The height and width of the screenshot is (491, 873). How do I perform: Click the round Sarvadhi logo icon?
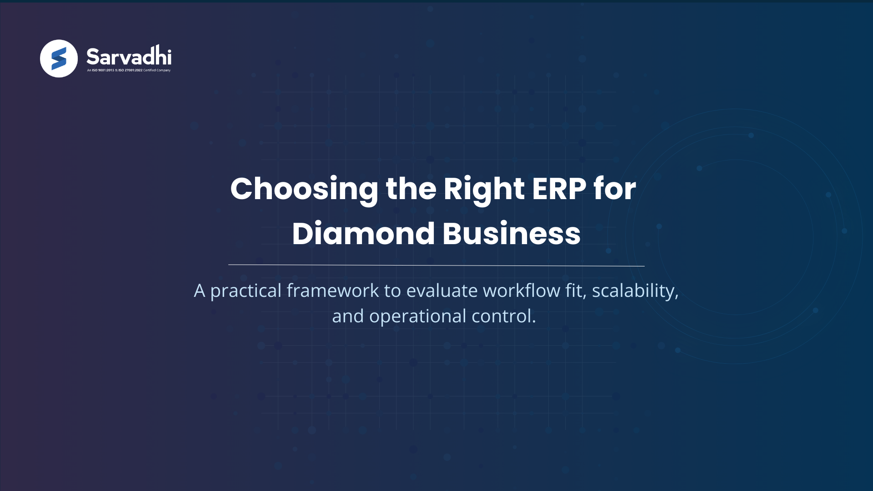tap(59, 59)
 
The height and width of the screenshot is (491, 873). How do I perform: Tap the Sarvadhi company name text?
tap(129, 56)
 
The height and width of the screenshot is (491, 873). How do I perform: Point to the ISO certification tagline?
tap(129, 70)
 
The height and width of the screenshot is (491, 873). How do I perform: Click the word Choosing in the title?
tap(304, 189)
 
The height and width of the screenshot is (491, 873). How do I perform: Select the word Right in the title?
tap(483, 189)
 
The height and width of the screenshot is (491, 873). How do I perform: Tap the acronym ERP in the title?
tap(559, 188)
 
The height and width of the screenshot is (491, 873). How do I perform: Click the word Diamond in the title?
tap(363, 234)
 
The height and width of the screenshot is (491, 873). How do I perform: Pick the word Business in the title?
tap(512, 234)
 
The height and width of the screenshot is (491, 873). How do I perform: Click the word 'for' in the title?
tap(614, 188)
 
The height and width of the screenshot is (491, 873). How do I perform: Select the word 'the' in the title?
tap(411, 188)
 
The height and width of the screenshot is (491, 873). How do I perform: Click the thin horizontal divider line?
tap(436, 265)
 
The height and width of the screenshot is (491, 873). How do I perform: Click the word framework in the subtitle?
tap(333, 291)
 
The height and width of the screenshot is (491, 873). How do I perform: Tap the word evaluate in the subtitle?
tap(442, 291)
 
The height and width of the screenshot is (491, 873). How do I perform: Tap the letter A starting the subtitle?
tap(199, 291)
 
